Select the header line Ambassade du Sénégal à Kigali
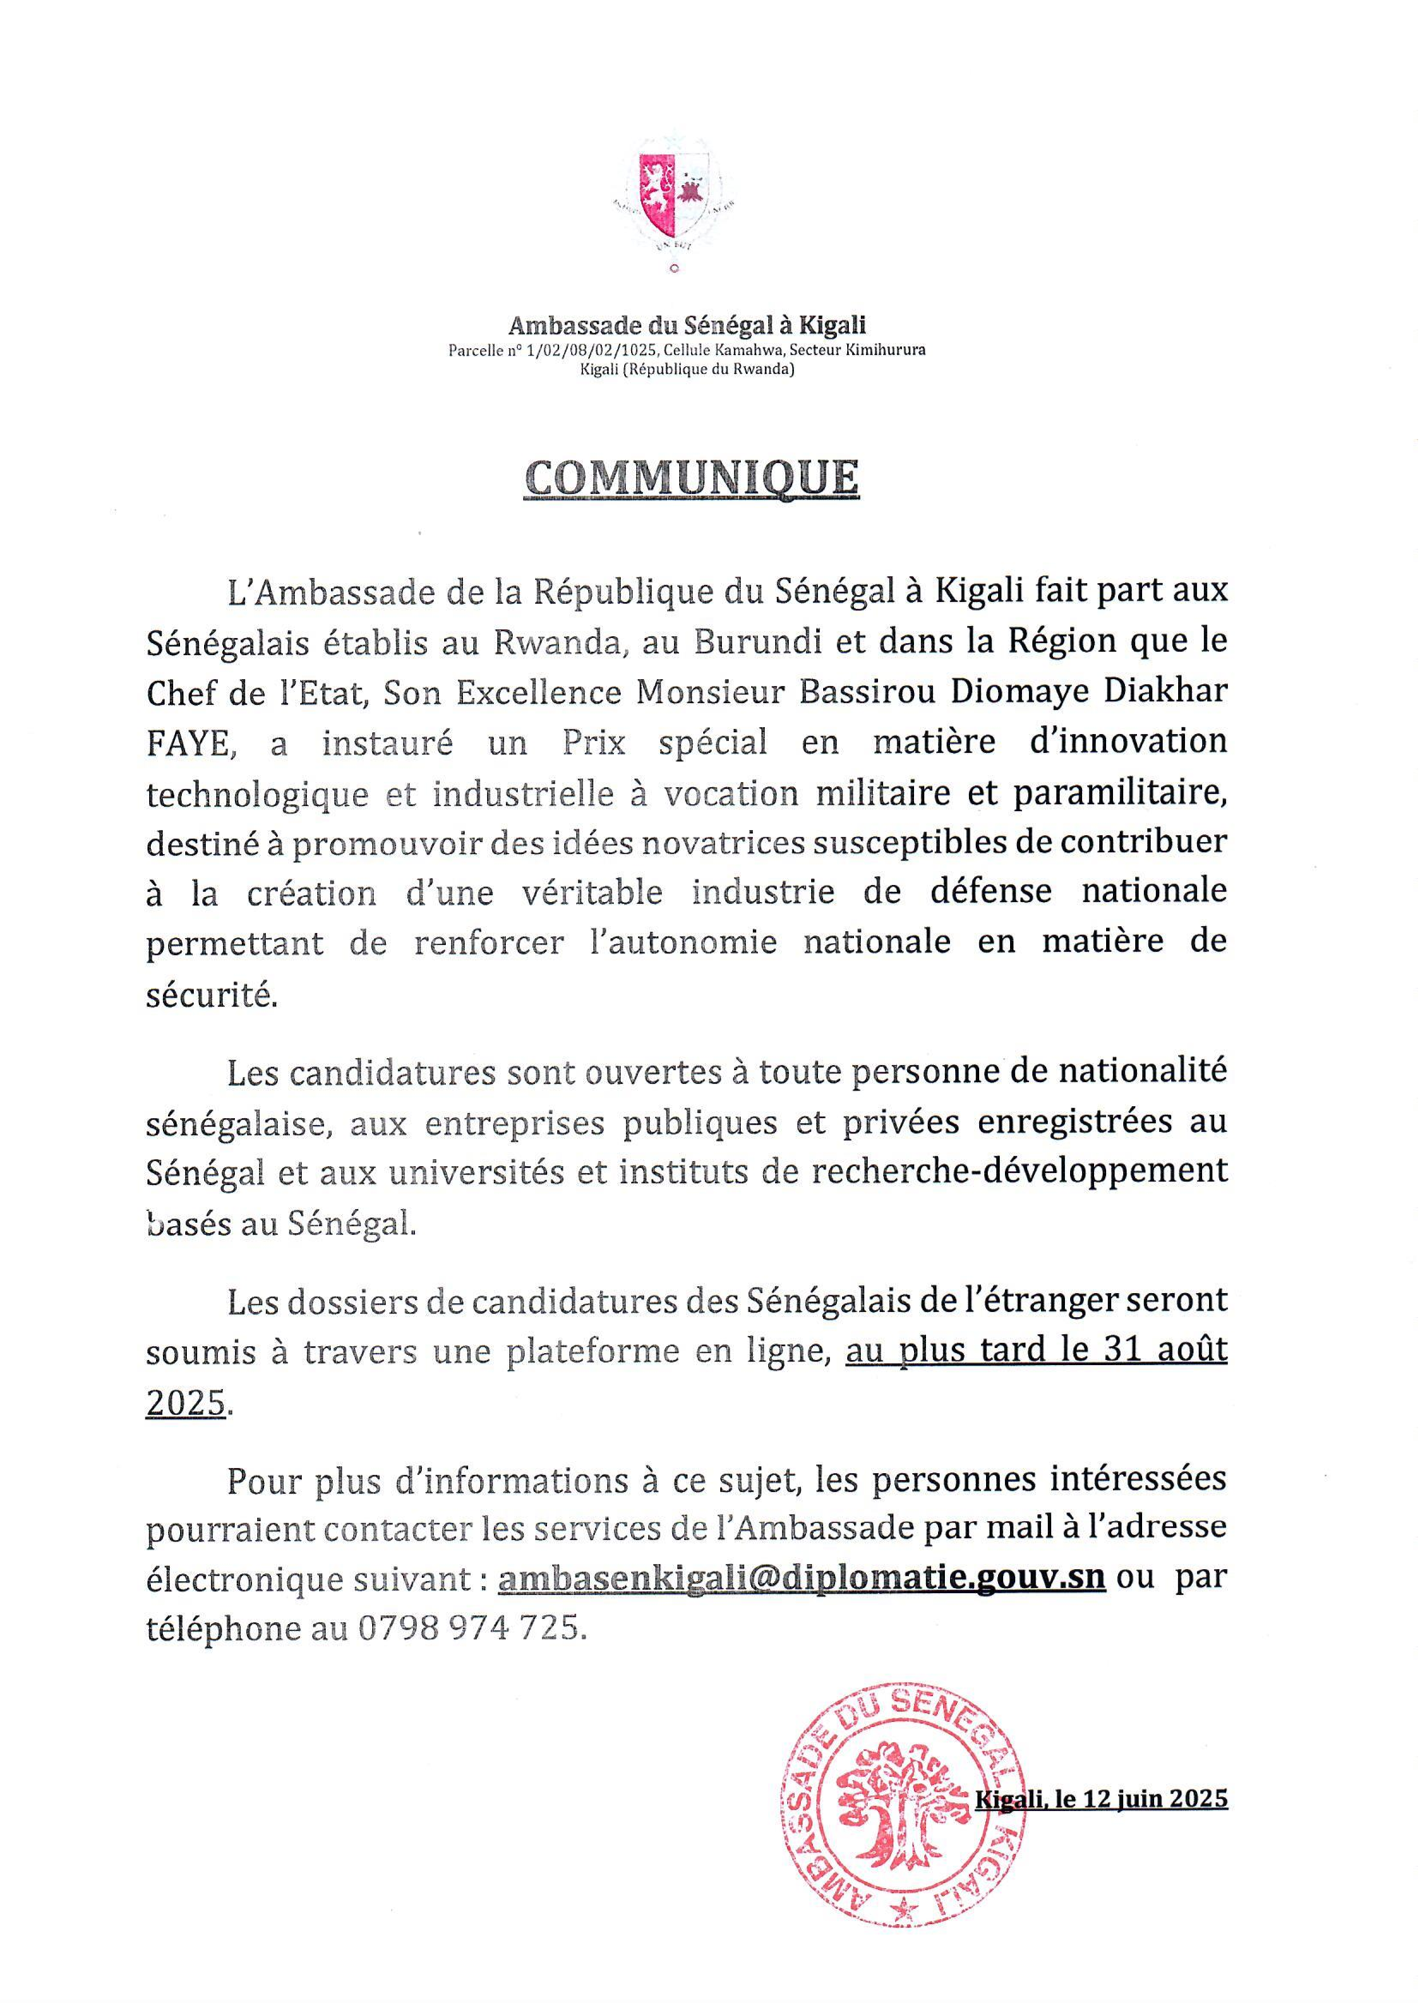(687, 326)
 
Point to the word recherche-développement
(1019, 1171)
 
